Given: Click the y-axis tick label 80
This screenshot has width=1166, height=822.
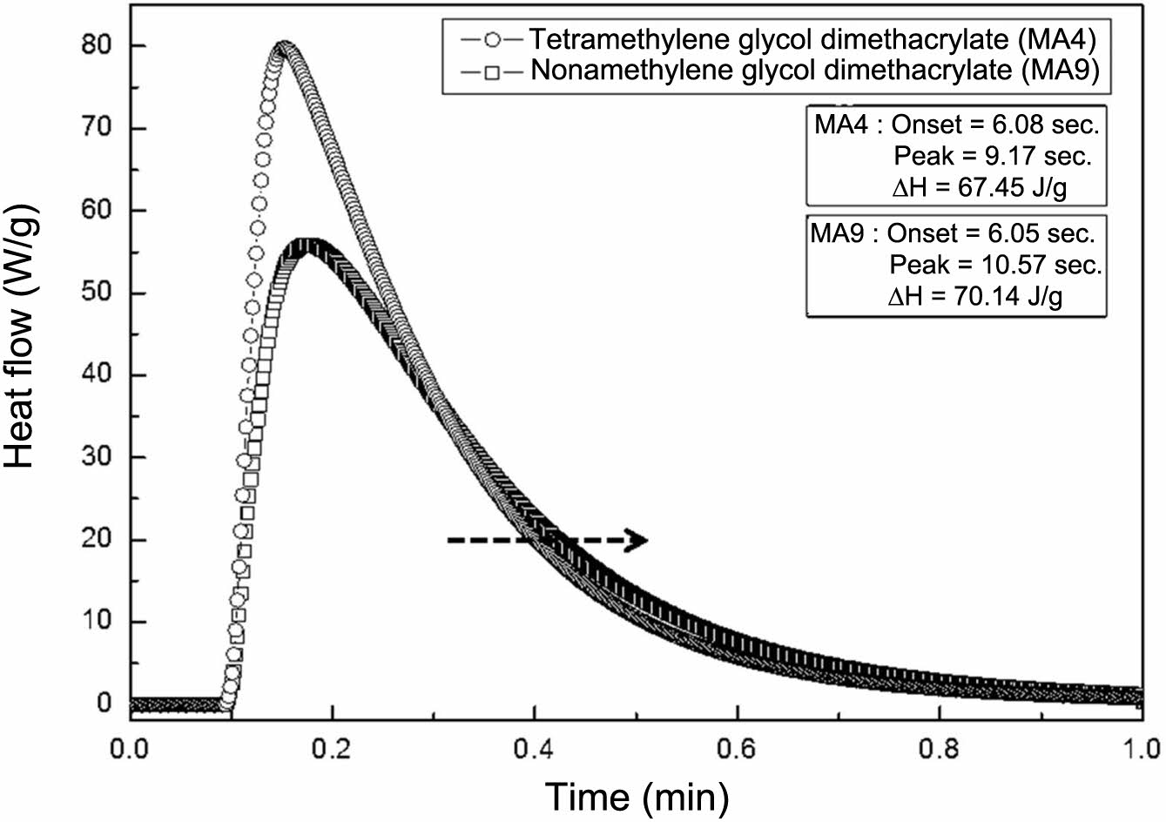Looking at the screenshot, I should [x=98, y=45].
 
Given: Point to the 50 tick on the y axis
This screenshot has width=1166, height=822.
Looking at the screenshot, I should [x=98, y=293].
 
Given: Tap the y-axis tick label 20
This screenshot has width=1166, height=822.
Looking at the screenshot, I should [x=98, y=540].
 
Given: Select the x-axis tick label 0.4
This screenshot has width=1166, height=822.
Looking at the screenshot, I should [x=534, y=748].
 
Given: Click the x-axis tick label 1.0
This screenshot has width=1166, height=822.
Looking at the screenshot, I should [x=1142, y=748].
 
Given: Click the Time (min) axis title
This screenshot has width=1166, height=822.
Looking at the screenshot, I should [x=636, y=795].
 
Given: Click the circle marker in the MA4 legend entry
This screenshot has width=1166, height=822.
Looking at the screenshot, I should [x=495, y=40].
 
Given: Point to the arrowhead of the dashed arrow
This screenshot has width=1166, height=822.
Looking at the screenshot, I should [x=639, y=541].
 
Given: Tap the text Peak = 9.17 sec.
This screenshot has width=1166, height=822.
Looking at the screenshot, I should [x=993, y=157].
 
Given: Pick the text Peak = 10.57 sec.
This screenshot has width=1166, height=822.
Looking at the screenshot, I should [x=995, y=265].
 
